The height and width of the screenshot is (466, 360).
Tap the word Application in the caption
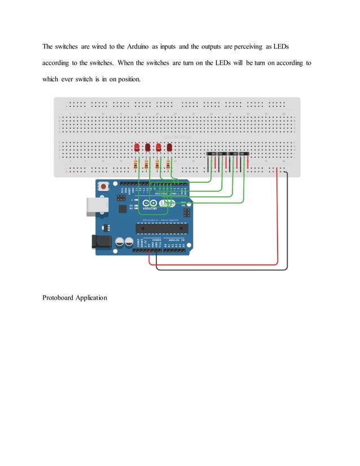pyautogui.click(x=91, y=297)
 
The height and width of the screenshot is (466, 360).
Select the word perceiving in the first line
pyautogui.click(x=245, y=46)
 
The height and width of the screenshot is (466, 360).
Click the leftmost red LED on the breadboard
pyautogui.click(x=137, y=147)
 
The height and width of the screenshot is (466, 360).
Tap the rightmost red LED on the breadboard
pyautogui.click(x=169, y=147)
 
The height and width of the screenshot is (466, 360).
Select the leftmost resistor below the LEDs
pyautogui.click(x=136, y=165)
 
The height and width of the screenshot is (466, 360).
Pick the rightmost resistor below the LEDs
pyautogui.click(x=168, y=165)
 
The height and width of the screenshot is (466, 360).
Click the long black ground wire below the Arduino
pyautogui.click(x=220, y=269)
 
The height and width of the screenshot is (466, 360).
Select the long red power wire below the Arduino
pyautogui.click(x=214, y=263)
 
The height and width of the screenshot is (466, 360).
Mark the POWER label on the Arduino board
pyautogui.click(x=156, y=239)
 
